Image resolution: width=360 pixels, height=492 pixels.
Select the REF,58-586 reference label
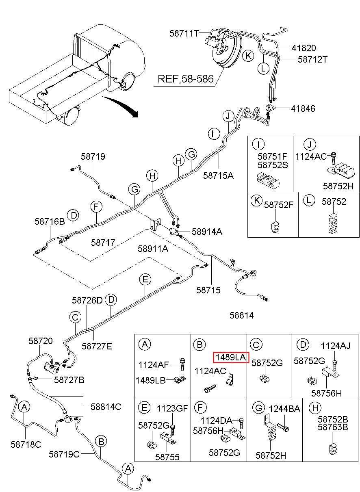click(x=186, y=79)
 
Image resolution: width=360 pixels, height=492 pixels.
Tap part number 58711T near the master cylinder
click(x=184, y=33)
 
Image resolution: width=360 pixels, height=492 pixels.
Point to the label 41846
click(x=303, y=108)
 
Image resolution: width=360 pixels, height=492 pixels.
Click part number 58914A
click(x=207, y=232)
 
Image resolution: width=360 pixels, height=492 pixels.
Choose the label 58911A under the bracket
click(x=153, y=249)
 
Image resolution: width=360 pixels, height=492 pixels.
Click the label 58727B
click(x=69, y=380)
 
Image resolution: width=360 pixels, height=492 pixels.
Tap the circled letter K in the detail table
click(x=256, y=201)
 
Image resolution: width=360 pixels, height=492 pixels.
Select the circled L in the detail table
click(x=309, y=200)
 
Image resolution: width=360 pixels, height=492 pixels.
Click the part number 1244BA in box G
click(x=284, y=409)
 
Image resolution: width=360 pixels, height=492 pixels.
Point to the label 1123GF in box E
click(x=172, y=408)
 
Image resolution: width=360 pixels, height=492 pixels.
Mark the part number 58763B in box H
click(x=333, y=427)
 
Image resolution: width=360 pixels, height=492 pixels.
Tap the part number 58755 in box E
click(x=167, y=457)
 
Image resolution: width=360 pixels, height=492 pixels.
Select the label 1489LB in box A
click(x=150, y=380)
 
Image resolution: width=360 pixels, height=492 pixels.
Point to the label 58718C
click(x=26, y=444)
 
